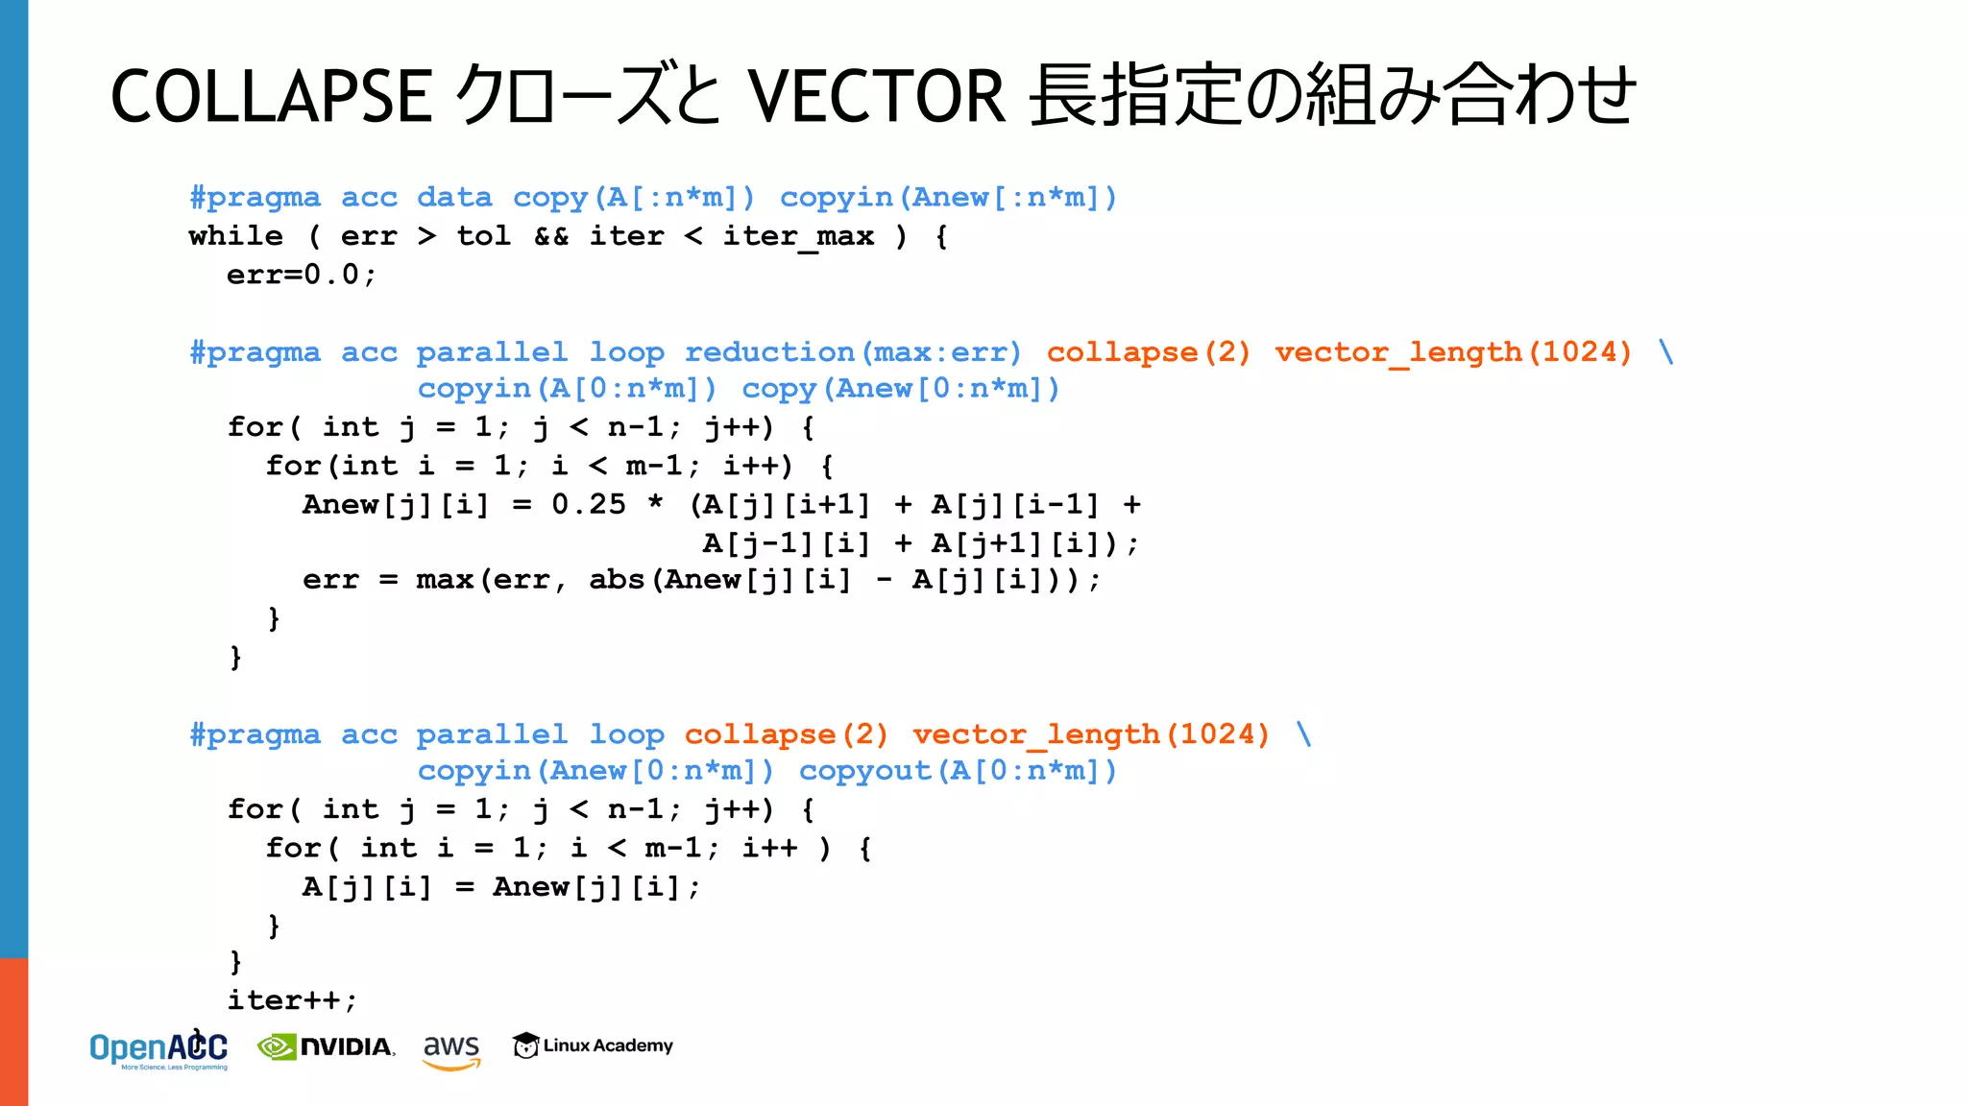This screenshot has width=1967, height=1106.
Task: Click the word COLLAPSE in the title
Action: pyautogui.click(x=271, y=96)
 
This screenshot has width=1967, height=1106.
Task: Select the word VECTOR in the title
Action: pyautogui.click(x=876, y=96)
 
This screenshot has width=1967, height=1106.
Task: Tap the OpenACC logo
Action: pyautogui.click(x=158, y=1049)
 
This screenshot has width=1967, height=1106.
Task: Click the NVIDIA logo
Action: pyautogui.click(x=327, y=1046)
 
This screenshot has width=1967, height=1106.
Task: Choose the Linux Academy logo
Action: pyautogui.click(x=593, y=1046)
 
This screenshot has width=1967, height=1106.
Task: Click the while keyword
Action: pyautogui.click(x=235, y=236)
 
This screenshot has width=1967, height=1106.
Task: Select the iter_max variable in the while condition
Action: pyautogui.click(x=798, y=236)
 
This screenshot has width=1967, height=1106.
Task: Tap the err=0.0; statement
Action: pyautogui.click(x=302, y=275)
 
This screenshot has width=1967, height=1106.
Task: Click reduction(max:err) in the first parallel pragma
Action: pyautogui.click(x=853, y=352)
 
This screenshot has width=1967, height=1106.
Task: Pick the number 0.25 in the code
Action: pyautogui.click(x=588, y=504)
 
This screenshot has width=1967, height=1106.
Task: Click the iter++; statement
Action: pyautogui.click(x=292, y=1000)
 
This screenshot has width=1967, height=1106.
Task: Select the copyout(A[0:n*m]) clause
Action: pyautogui.click(x=959, y=771)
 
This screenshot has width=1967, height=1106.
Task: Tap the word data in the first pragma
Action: pyautogui.click(x=454, y=198)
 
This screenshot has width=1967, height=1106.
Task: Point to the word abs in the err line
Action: pyautogui.click(x=617, y=580)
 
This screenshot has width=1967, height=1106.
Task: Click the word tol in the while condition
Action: pyautogui.click(x=483, y=236)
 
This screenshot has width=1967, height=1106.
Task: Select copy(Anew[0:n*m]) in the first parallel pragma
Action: pyautogui.click(x=901, y=389)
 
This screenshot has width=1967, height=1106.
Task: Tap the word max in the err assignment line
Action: pyautogui.click(x=445, y=580)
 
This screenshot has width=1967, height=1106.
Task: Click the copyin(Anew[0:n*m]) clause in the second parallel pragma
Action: pyautogui.click(x=595, y=771)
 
